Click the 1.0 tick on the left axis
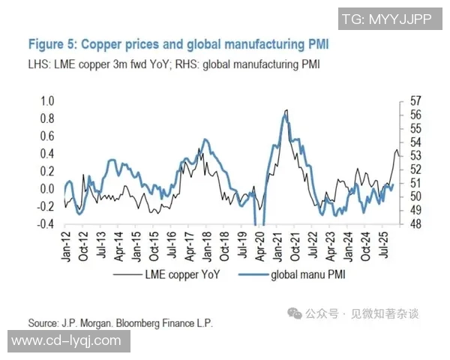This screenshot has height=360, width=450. pyautogui.click(x=47, y=100)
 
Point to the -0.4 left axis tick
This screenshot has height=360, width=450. pyautogui.click(x=46, y=224)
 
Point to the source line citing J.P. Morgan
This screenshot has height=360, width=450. pyautogui.click(x=120, y=323)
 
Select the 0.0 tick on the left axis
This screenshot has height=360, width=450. pyautogui.click(x=47, y=189)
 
